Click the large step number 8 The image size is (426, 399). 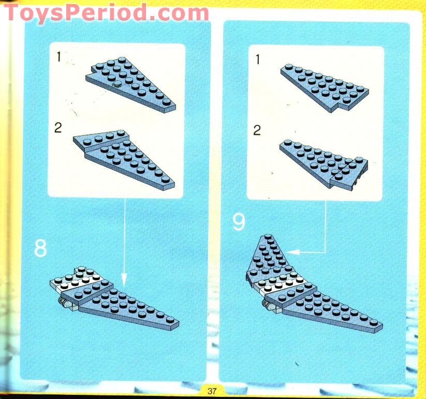pos(40,248)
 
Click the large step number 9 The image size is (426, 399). pos(239,222)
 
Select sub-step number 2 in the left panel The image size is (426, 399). pos(58,127)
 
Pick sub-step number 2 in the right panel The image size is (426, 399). pos(257,130)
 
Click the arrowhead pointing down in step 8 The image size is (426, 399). pos(124,280)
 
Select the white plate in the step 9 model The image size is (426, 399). pos(282,284)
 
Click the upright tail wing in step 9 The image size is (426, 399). pos(268,256)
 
